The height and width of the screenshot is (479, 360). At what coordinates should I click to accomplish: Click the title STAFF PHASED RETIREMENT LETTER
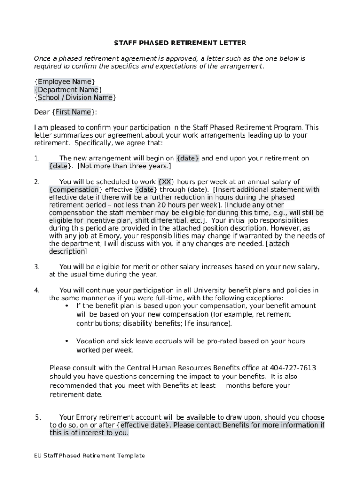click(x=180, y=43)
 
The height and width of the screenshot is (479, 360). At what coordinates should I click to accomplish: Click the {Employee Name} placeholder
click(x=65, y=82)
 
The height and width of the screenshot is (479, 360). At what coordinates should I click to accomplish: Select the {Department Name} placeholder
click(x=68, y=90)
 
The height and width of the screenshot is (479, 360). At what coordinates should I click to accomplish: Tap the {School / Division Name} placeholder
click(x=75, y=98)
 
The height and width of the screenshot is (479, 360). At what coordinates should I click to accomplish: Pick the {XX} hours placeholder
click(x=167, y=182)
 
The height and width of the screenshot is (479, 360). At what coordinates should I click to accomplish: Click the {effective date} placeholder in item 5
click(x=144, y=425)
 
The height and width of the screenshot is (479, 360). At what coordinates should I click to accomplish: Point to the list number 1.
click(x=37, y=159)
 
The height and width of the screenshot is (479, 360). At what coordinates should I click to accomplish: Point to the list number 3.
click(x=37, y=267)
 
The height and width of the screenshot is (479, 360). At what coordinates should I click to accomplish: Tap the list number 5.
click(x=38, y=417)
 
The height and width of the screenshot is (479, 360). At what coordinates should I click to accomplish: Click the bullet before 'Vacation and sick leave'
click(x=67, y=341)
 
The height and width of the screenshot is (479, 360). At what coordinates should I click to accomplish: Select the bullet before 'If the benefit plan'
click(x=67, y=306)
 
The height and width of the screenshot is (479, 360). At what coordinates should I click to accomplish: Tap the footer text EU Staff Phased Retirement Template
click(x=89, y=456)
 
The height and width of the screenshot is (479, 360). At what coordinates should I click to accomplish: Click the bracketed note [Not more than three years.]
click(x=124, y=167)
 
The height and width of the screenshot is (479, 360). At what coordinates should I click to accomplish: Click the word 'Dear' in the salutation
click(x=42, y=112)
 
